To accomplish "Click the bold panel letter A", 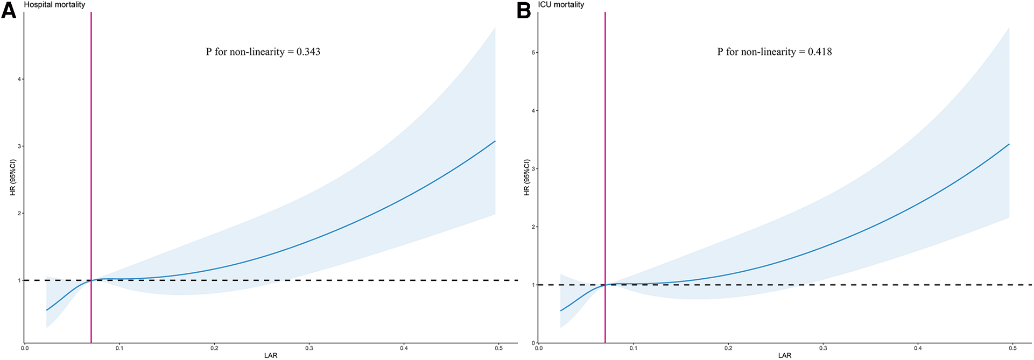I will coord(9,11).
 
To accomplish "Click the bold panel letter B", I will coord(523,11).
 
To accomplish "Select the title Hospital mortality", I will coord(54,4).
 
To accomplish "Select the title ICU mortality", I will coord(561,4).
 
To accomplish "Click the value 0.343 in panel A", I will coord(308,52).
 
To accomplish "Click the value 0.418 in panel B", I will coord(820,52).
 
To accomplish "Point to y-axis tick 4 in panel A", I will coord(19,79).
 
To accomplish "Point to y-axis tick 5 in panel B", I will coord(534,53).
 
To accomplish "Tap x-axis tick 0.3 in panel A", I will coord(309,348).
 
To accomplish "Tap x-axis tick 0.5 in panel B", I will coord(1012,348).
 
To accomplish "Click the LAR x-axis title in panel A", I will coord(271,356).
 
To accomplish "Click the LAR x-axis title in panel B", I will coord(785,356).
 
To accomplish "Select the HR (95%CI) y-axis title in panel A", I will coord(13,177).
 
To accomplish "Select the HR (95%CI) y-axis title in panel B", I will coord(527,177).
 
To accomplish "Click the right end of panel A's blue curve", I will coord(495,141).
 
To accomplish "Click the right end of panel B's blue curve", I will coord(1009,144).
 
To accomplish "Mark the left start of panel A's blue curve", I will coord(47,310).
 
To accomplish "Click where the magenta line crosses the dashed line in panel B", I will coord(605,285).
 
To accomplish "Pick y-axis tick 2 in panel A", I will coord(19,213).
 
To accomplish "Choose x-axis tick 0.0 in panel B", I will coord(539,348).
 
